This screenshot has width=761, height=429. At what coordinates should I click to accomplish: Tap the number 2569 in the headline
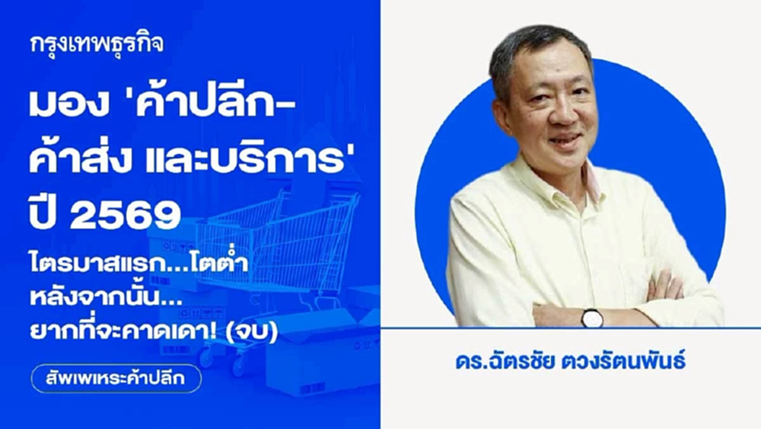pyautogui.click(x=126, y=216)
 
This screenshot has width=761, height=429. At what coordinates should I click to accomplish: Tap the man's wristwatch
pyautogui.click(x=592, y=318)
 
